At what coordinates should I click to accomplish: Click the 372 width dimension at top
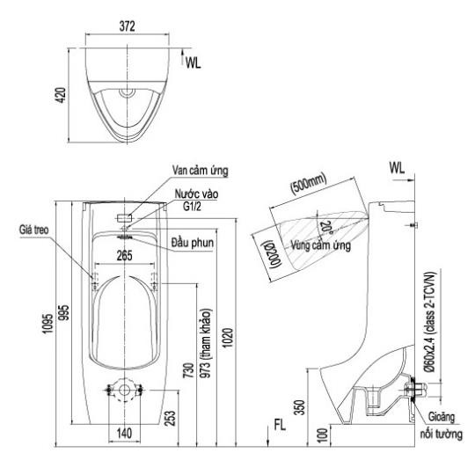click(127, 26)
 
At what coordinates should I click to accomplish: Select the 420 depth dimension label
click(62, 95)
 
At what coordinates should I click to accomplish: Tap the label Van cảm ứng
click(201, 171)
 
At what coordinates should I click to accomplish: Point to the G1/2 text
click(192, 207)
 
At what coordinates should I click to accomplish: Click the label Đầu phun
click(193, 243)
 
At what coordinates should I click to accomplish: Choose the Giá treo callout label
click(34, 230)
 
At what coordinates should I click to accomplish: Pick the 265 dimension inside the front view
click(125, 256)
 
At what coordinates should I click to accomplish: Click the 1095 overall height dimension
click(47, 324)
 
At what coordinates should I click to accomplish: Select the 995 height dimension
click(63, 312)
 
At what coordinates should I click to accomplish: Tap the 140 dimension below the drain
click(124, 434)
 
